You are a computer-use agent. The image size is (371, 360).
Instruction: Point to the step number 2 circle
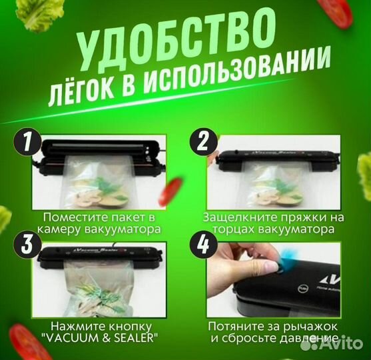pyautogui.click(x=202, y=143)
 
